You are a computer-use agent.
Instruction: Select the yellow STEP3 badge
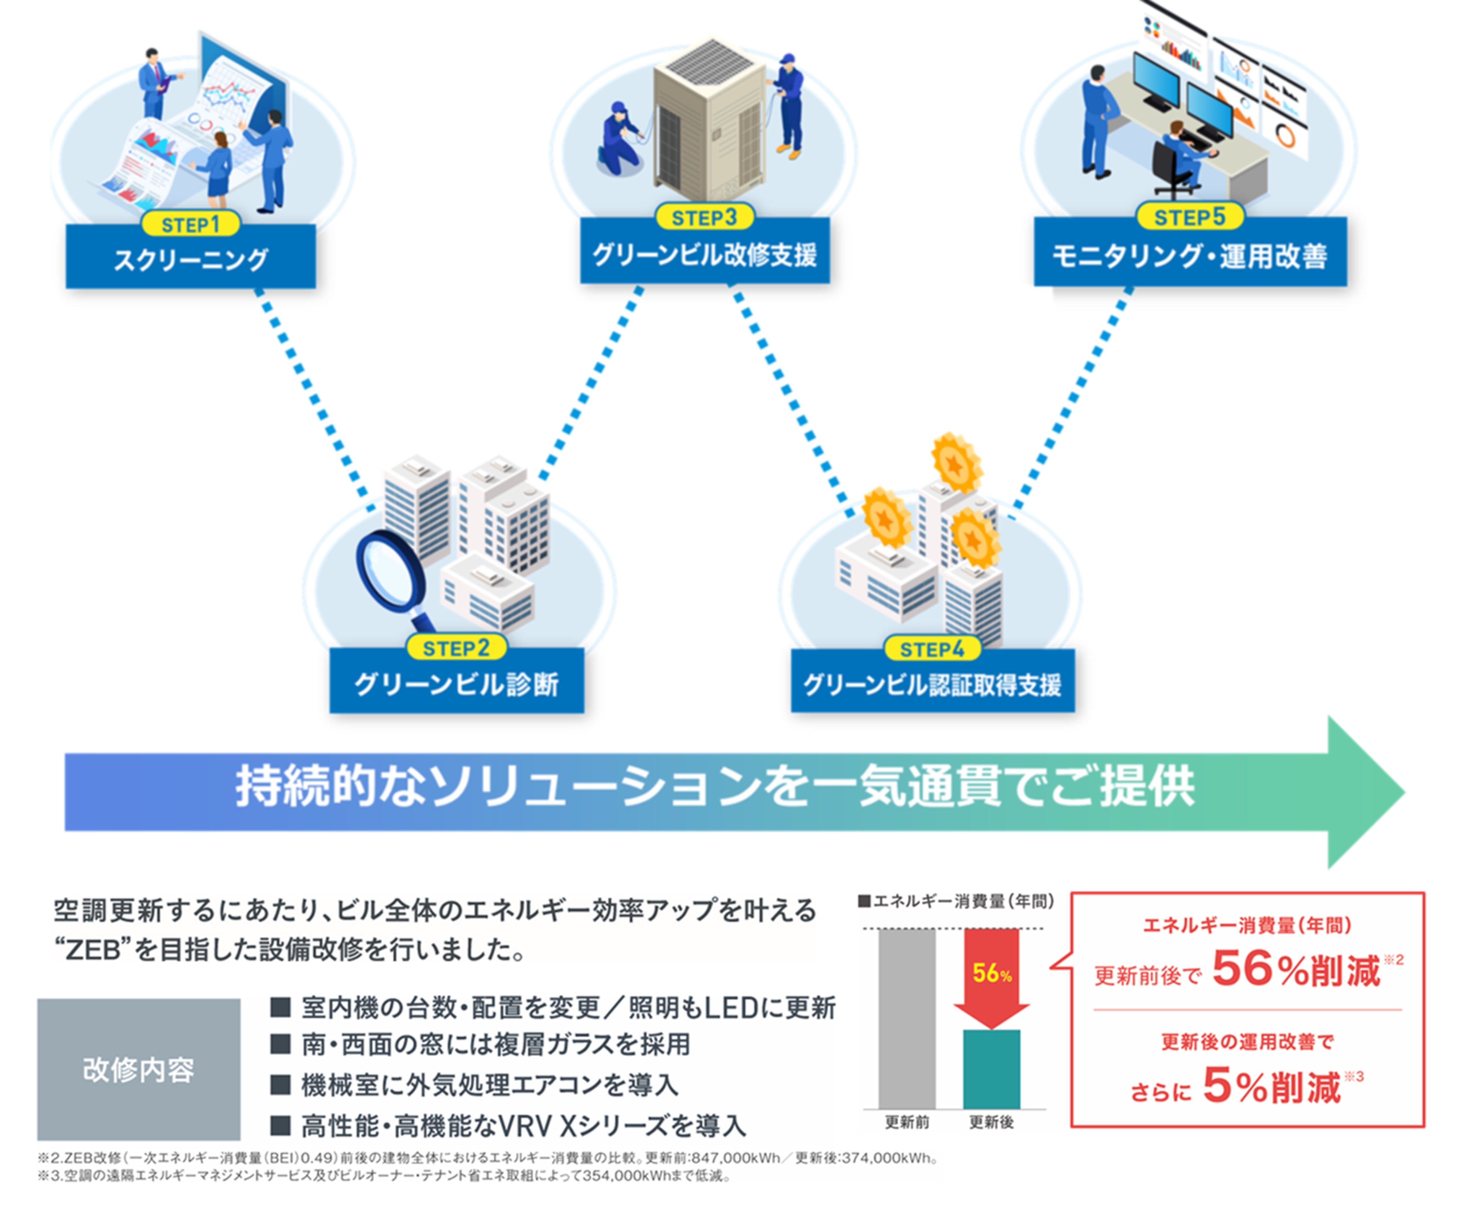pyautogui.click(x=704, y=217)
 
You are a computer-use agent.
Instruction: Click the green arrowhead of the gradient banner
pyautogui.click(x=1363, y=792)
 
